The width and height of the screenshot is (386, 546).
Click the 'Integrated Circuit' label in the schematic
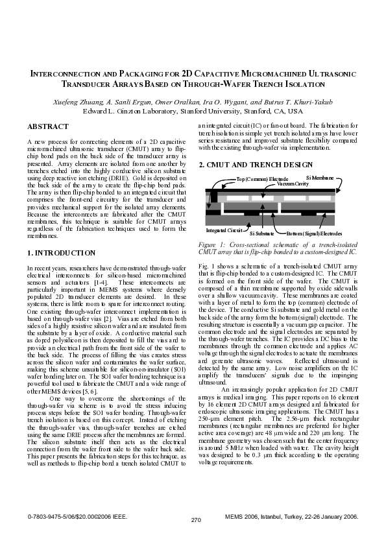pos(224,230)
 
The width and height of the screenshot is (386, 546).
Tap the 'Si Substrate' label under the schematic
pos(261,233)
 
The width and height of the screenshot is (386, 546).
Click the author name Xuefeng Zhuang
pos(72,102)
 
